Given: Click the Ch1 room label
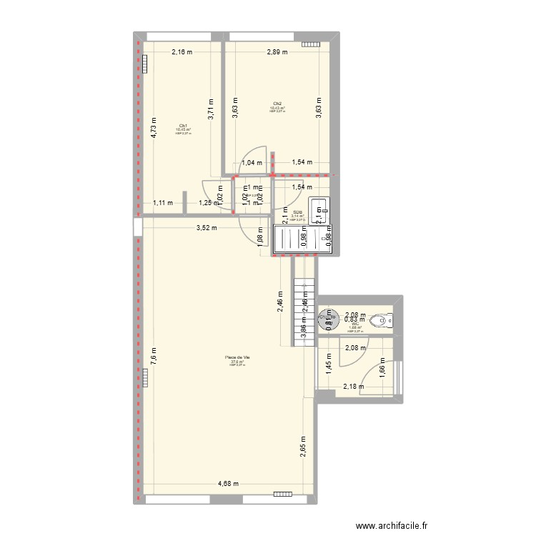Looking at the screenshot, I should pos(184,125).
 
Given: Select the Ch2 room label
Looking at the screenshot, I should pos(277,103).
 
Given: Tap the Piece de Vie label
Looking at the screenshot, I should pos(237,357).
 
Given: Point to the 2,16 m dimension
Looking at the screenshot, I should pos(182,52).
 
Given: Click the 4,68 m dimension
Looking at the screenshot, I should pos(229,485).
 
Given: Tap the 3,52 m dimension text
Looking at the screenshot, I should pos(207,228).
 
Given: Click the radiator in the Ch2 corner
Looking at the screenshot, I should pos(311,44).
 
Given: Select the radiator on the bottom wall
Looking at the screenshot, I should pos(283,493).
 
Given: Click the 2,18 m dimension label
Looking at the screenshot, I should pos(354,387).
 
